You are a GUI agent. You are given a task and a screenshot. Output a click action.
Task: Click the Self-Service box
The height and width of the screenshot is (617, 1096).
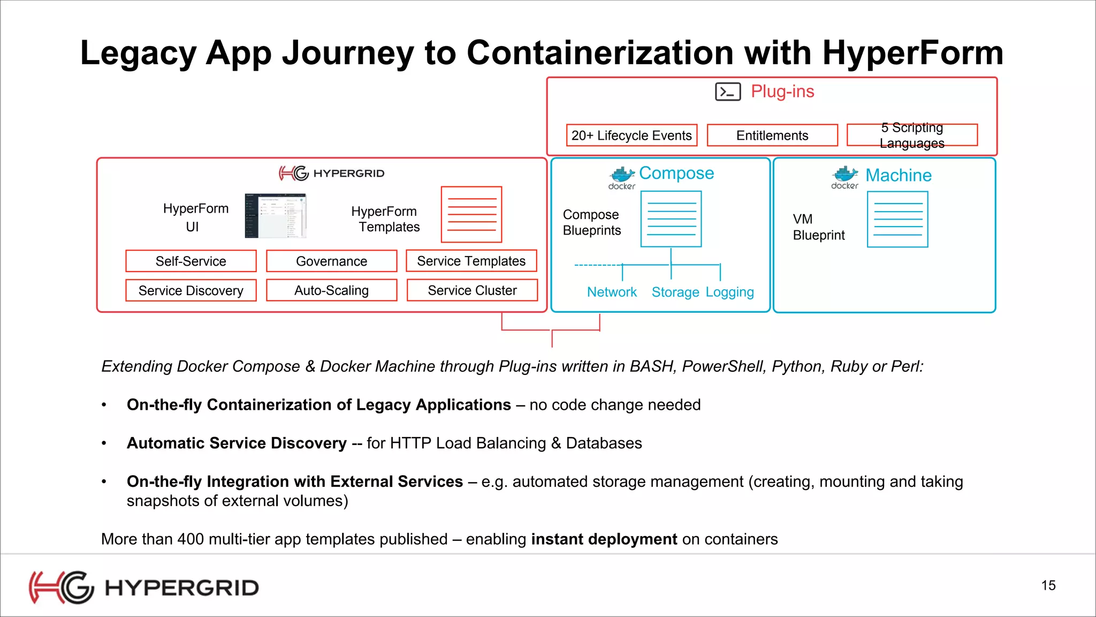pyautogui.click(x=191, y=261)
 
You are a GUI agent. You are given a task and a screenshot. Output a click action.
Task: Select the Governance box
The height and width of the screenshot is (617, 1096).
pyautogui.click(x=331, y=261)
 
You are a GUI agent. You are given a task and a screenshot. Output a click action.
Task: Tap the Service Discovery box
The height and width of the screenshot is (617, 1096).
pyautogui.click(x=191, y=290)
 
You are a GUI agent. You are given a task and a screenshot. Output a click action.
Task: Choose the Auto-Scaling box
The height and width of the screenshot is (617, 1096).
pyautogui.click(x=331, y=290)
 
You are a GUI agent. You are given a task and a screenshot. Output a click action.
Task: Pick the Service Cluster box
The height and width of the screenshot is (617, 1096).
pyautogui.click(x=472, y=290)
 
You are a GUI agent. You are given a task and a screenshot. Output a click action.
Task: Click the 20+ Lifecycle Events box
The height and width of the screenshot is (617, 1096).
pyautogui.click(x=631, y=136)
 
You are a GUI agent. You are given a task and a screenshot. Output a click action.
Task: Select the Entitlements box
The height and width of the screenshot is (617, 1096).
pyautogui.click(x=772, y=136)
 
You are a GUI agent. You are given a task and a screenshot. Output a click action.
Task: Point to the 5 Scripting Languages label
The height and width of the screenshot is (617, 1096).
pyautogui.click(x=912, y=136)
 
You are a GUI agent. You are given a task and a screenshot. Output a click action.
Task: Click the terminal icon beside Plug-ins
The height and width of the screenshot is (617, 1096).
pyautogui.click(x=728, y=92)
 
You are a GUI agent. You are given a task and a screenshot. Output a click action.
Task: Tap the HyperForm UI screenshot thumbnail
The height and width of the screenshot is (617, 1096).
pyautogui.click(x=276, y=216)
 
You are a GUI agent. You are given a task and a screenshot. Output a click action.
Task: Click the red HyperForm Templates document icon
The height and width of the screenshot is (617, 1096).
pyautogui.click(x=471, y=215)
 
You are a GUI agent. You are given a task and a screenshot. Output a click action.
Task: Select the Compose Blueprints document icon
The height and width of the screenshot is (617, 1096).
pyautogui.click(x=671, y=219)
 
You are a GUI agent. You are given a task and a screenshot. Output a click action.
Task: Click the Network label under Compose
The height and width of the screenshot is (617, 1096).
pyautogui.click(x=612, y=292)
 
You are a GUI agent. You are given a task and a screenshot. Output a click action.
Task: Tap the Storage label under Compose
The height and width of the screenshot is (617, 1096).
pyautogui.click(x=675, y=292)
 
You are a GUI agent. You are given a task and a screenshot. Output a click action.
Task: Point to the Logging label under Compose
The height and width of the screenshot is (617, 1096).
pyautogui.click(x=729, y=292)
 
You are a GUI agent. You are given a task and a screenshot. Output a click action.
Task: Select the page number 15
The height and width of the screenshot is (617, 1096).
pyautogui.click(x=1048, y=585)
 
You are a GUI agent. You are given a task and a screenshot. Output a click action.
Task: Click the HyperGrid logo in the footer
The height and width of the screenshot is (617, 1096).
pyautogui.click(x=143, y=588)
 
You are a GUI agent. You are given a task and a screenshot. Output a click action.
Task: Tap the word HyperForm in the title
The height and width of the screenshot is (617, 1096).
pyautogui.click(x=912, y=53)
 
